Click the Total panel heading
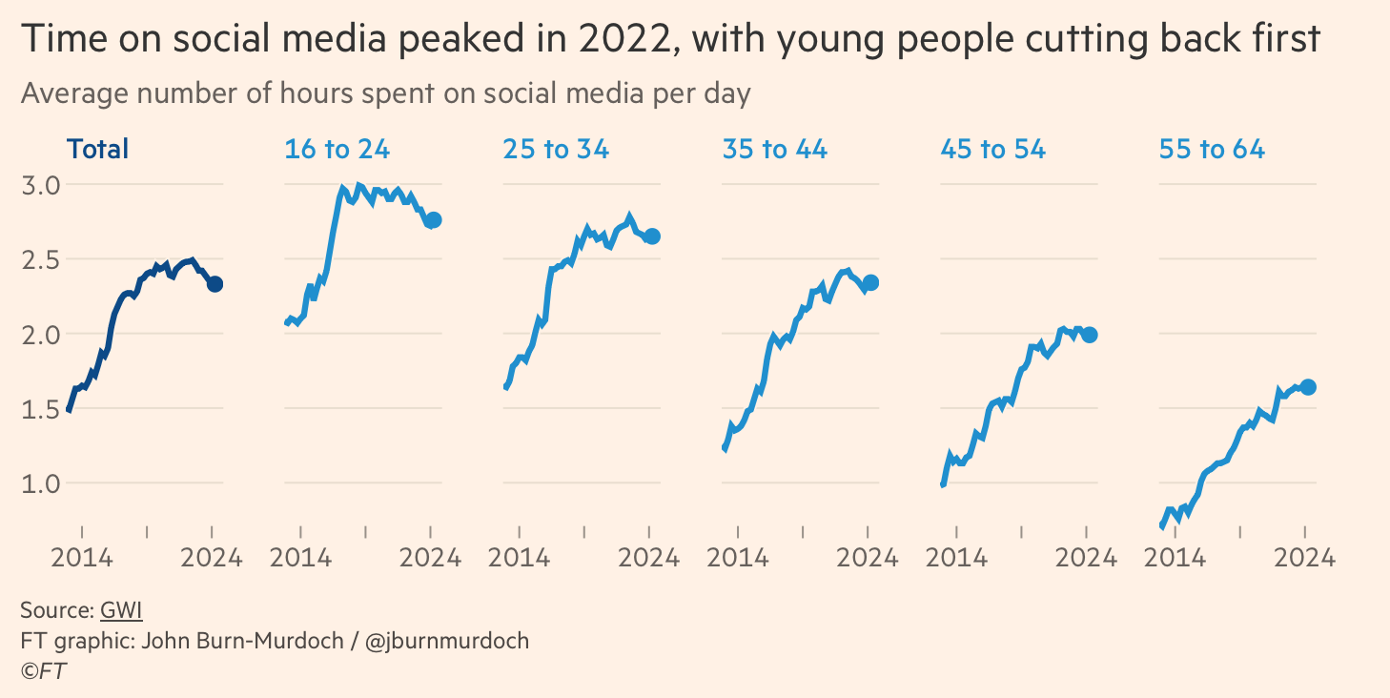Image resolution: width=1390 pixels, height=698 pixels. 97,149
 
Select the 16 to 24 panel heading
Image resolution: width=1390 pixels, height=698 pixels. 337,149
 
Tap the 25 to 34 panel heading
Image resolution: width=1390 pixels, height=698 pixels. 556,149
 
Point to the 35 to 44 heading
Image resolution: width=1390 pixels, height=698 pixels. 774,149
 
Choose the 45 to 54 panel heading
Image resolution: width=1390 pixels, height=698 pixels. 992,149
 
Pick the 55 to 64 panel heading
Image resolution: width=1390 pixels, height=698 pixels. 1212,149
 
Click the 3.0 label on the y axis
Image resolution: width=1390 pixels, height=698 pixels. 40,184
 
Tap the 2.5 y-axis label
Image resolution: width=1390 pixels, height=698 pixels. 40,259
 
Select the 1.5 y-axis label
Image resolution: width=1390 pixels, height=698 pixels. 40,409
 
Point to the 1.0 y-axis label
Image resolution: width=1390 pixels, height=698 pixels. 40,483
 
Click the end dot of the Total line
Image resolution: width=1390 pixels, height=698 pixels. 215,284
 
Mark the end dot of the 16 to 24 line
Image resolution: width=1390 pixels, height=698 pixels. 434,220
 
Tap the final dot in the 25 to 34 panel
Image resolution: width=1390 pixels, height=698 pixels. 652,236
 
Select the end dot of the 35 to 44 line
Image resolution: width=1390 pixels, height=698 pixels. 870,282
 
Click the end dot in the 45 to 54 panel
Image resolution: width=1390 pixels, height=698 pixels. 1089,335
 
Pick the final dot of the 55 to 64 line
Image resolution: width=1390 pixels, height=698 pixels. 1308,386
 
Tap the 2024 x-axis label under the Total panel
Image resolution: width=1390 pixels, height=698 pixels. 211,558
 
